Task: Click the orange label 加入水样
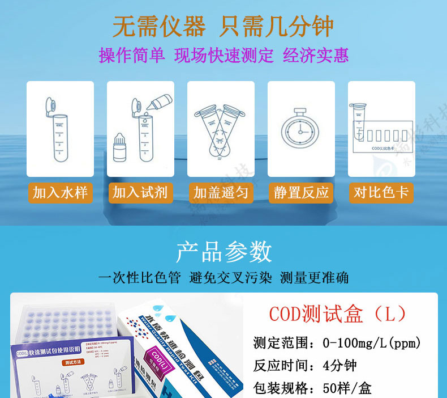pos(60,193)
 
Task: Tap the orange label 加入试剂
pos(140,193)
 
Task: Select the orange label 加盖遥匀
pos(221,193)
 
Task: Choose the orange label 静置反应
pos(301,193)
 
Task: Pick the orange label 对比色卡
pos(381,193)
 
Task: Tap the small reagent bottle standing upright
pos(119,149)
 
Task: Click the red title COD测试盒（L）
pos(337,314)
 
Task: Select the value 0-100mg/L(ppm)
pos(371,343)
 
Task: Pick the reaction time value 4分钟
pos(339,366)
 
